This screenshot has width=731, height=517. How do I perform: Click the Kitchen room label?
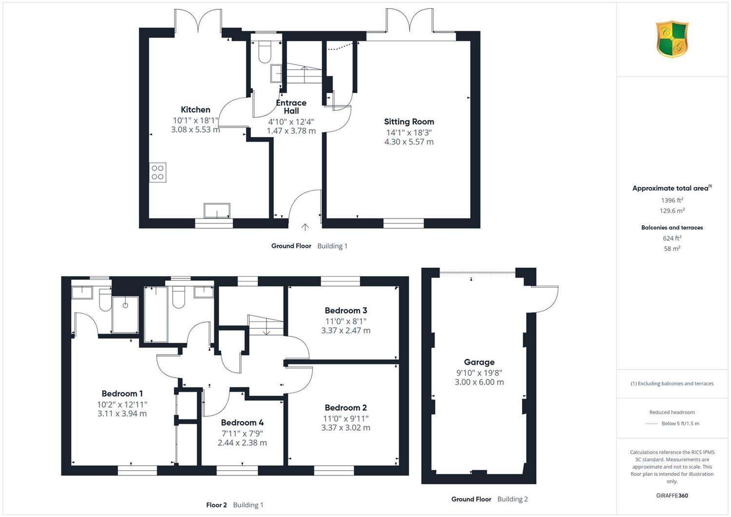[x=195, y=109]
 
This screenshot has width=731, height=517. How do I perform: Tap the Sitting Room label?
[x=409, y=121]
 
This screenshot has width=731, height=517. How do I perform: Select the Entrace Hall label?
[x=291, y=107]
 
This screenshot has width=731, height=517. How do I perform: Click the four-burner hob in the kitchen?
[x=157, y=173]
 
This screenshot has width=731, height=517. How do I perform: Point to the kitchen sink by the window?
[x=217, y=210]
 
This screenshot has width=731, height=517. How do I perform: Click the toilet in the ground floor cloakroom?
[x=265, y=52]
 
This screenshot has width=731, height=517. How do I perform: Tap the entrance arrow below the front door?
[x=305, y=227]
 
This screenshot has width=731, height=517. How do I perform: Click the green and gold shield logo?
[x=672, y=39]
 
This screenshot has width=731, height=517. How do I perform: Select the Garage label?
[x=479, y=362]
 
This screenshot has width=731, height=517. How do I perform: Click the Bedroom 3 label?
[x=346, y=310]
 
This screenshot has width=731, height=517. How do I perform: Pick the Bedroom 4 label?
[x=242, y=422]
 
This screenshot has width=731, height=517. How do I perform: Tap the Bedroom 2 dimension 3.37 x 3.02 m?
[x=346, y=428]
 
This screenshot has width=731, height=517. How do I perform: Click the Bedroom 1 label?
[x=122, y=393]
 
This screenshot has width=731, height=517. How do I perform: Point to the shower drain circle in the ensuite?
[x=125, y=305]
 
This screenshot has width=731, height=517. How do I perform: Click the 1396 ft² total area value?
[x=672, y=200]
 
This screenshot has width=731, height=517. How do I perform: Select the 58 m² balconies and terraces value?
[x=672, y=249]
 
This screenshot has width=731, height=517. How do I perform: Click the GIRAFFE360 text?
[x=672, y=496]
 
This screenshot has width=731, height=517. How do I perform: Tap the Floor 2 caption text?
[x=216, y=505]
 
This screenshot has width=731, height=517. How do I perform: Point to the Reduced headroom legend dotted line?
[x=652, y=423]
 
